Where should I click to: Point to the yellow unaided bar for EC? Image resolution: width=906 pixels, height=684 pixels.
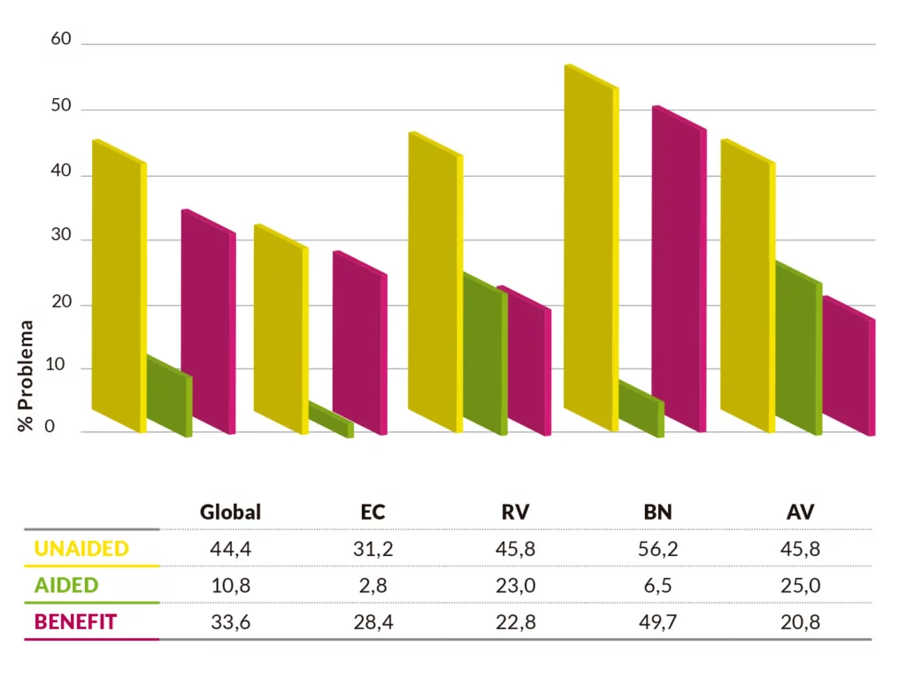pyautogui.click(x=280, y=329)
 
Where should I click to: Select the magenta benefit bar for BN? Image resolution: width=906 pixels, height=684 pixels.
pyautogui.click(x=679, y=270)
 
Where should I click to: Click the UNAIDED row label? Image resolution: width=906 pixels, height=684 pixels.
pyautogui.click(x=81, y=549)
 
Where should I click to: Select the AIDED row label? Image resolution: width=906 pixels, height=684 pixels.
pyautogui.click(x=66, y=585)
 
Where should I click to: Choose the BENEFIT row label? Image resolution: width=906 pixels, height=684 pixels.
pyautogui.click(x=75, y=622)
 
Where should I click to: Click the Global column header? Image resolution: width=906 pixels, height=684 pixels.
pyautogui.click(x=231, y=512)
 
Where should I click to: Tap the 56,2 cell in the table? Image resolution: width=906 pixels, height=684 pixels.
pyautogui.click(x=658, y=549)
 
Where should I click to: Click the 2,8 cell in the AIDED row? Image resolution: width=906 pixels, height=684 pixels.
pyautogui.click(x=373, y=585)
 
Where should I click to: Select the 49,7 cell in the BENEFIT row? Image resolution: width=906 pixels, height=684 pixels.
pyautogui.click(x=658, y=622)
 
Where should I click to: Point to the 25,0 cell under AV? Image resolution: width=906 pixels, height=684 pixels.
pyautogui.click(x=802, y=585)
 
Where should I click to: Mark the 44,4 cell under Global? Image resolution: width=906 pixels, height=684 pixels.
pyautogui.click(x=231, y=549)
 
